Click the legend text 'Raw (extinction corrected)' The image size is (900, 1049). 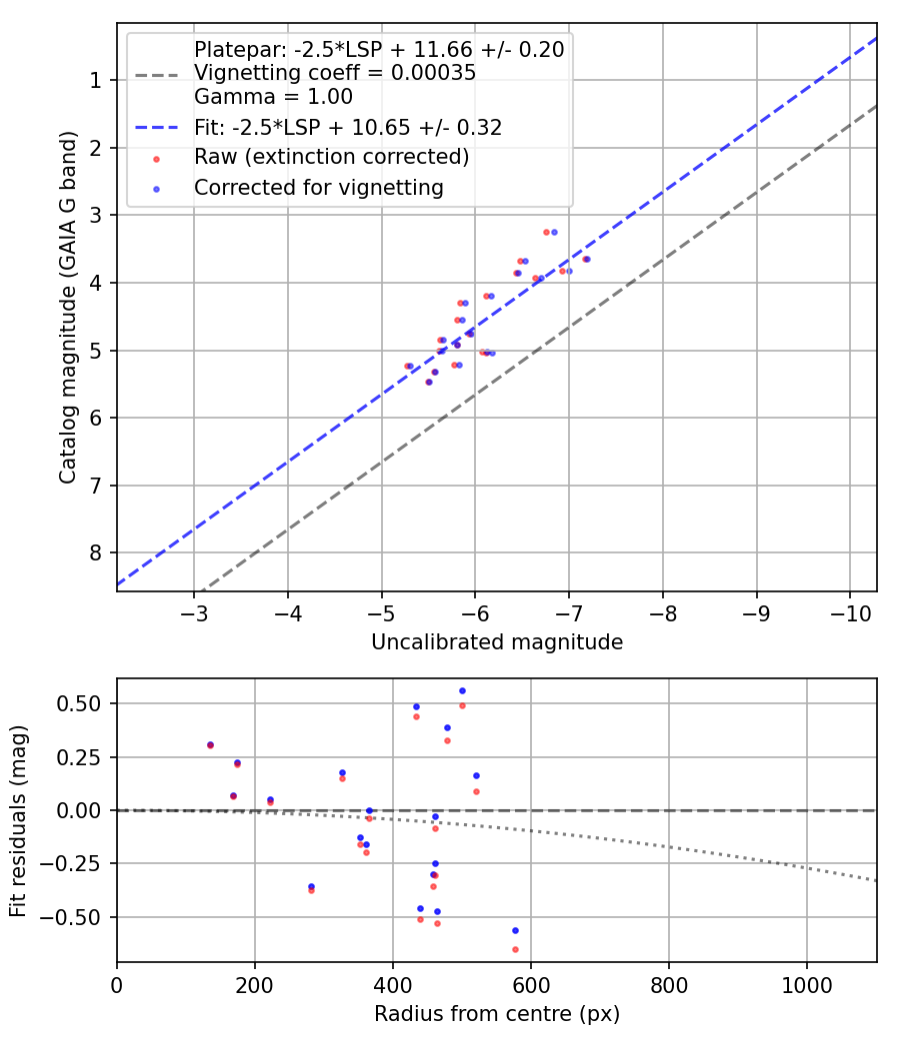[x=331, y=157]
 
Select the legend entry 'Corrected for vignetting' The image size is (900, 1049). [x=319, y=187]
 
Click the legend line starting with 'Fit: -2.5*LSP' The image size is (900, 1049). [x=347, y=127]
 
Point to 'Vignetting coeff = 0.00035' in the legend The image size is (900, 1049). [x=335, y=73]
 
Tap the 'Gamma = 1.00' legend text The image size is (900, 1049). [x=273, y=97]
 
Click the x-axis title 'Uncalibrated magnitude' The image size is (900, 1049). [x=497, y=642]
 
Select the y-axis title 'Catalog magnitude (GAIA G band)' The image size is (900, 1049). [x=67, y=307]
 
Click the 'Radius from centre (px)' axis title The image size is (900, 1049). [x=497, y=1014]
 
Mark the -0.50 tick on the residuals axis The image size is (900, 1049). [x=83, y=917]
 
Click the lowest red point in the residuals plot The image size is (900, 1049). [x=515, y=949]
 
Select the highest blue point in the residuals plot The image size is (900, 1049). [x=462, y=690]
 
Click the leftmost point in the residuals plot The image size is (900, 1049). [x=210, y=745]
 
